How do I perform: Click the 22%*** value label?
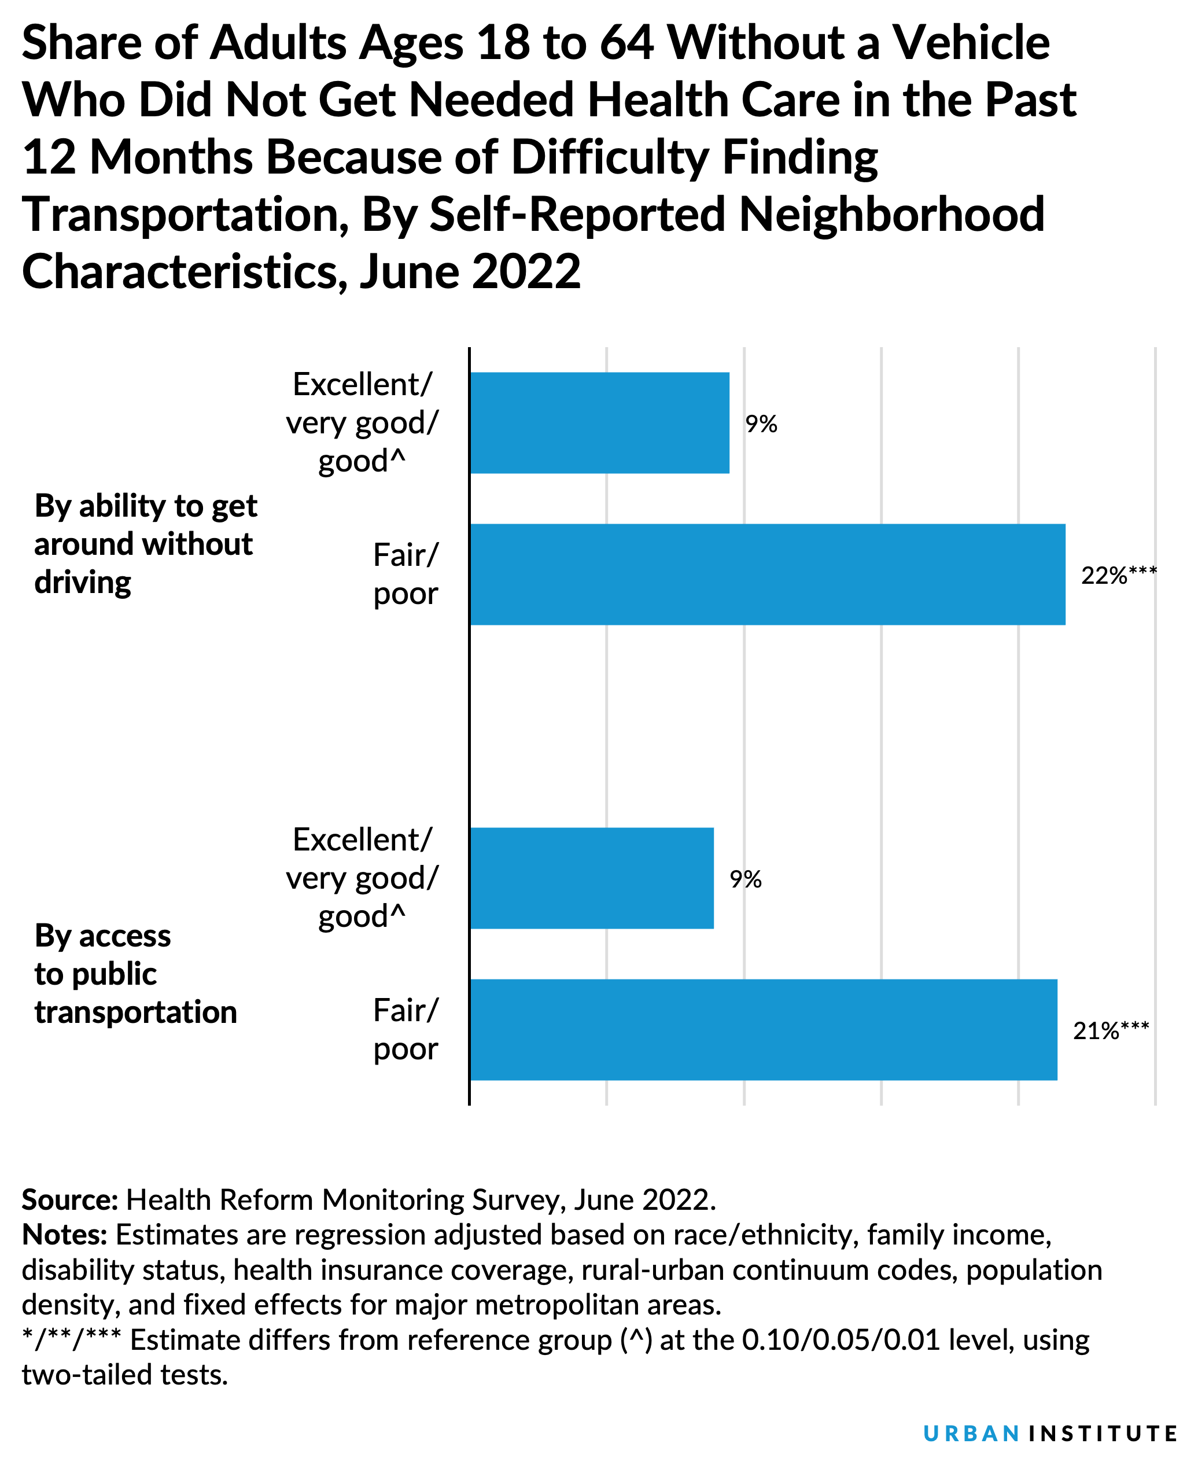click(1118, 575)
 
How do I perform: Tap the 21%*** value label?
click(1110, 1030)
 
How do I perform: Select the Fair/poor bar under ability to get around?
click(766, 575)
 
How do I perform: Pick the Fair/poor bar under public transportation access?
click(762, 1029)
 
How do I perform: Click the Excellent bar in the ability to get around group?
click(599, 422)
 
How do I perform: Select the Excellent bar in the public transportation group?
click(591, 878)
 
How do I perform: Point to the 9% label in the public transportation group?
click(745, 879)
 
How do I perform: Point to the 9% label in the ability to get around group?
click(761, 424)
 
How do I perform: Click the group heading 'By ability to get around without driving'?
click(145, 544)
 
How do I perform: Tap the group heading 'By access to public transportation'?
click(135, 974)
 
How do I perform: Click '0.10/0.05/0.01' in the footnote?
click(841, 1340)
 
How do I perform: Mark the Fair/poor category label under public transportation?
click(405, 1030)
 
